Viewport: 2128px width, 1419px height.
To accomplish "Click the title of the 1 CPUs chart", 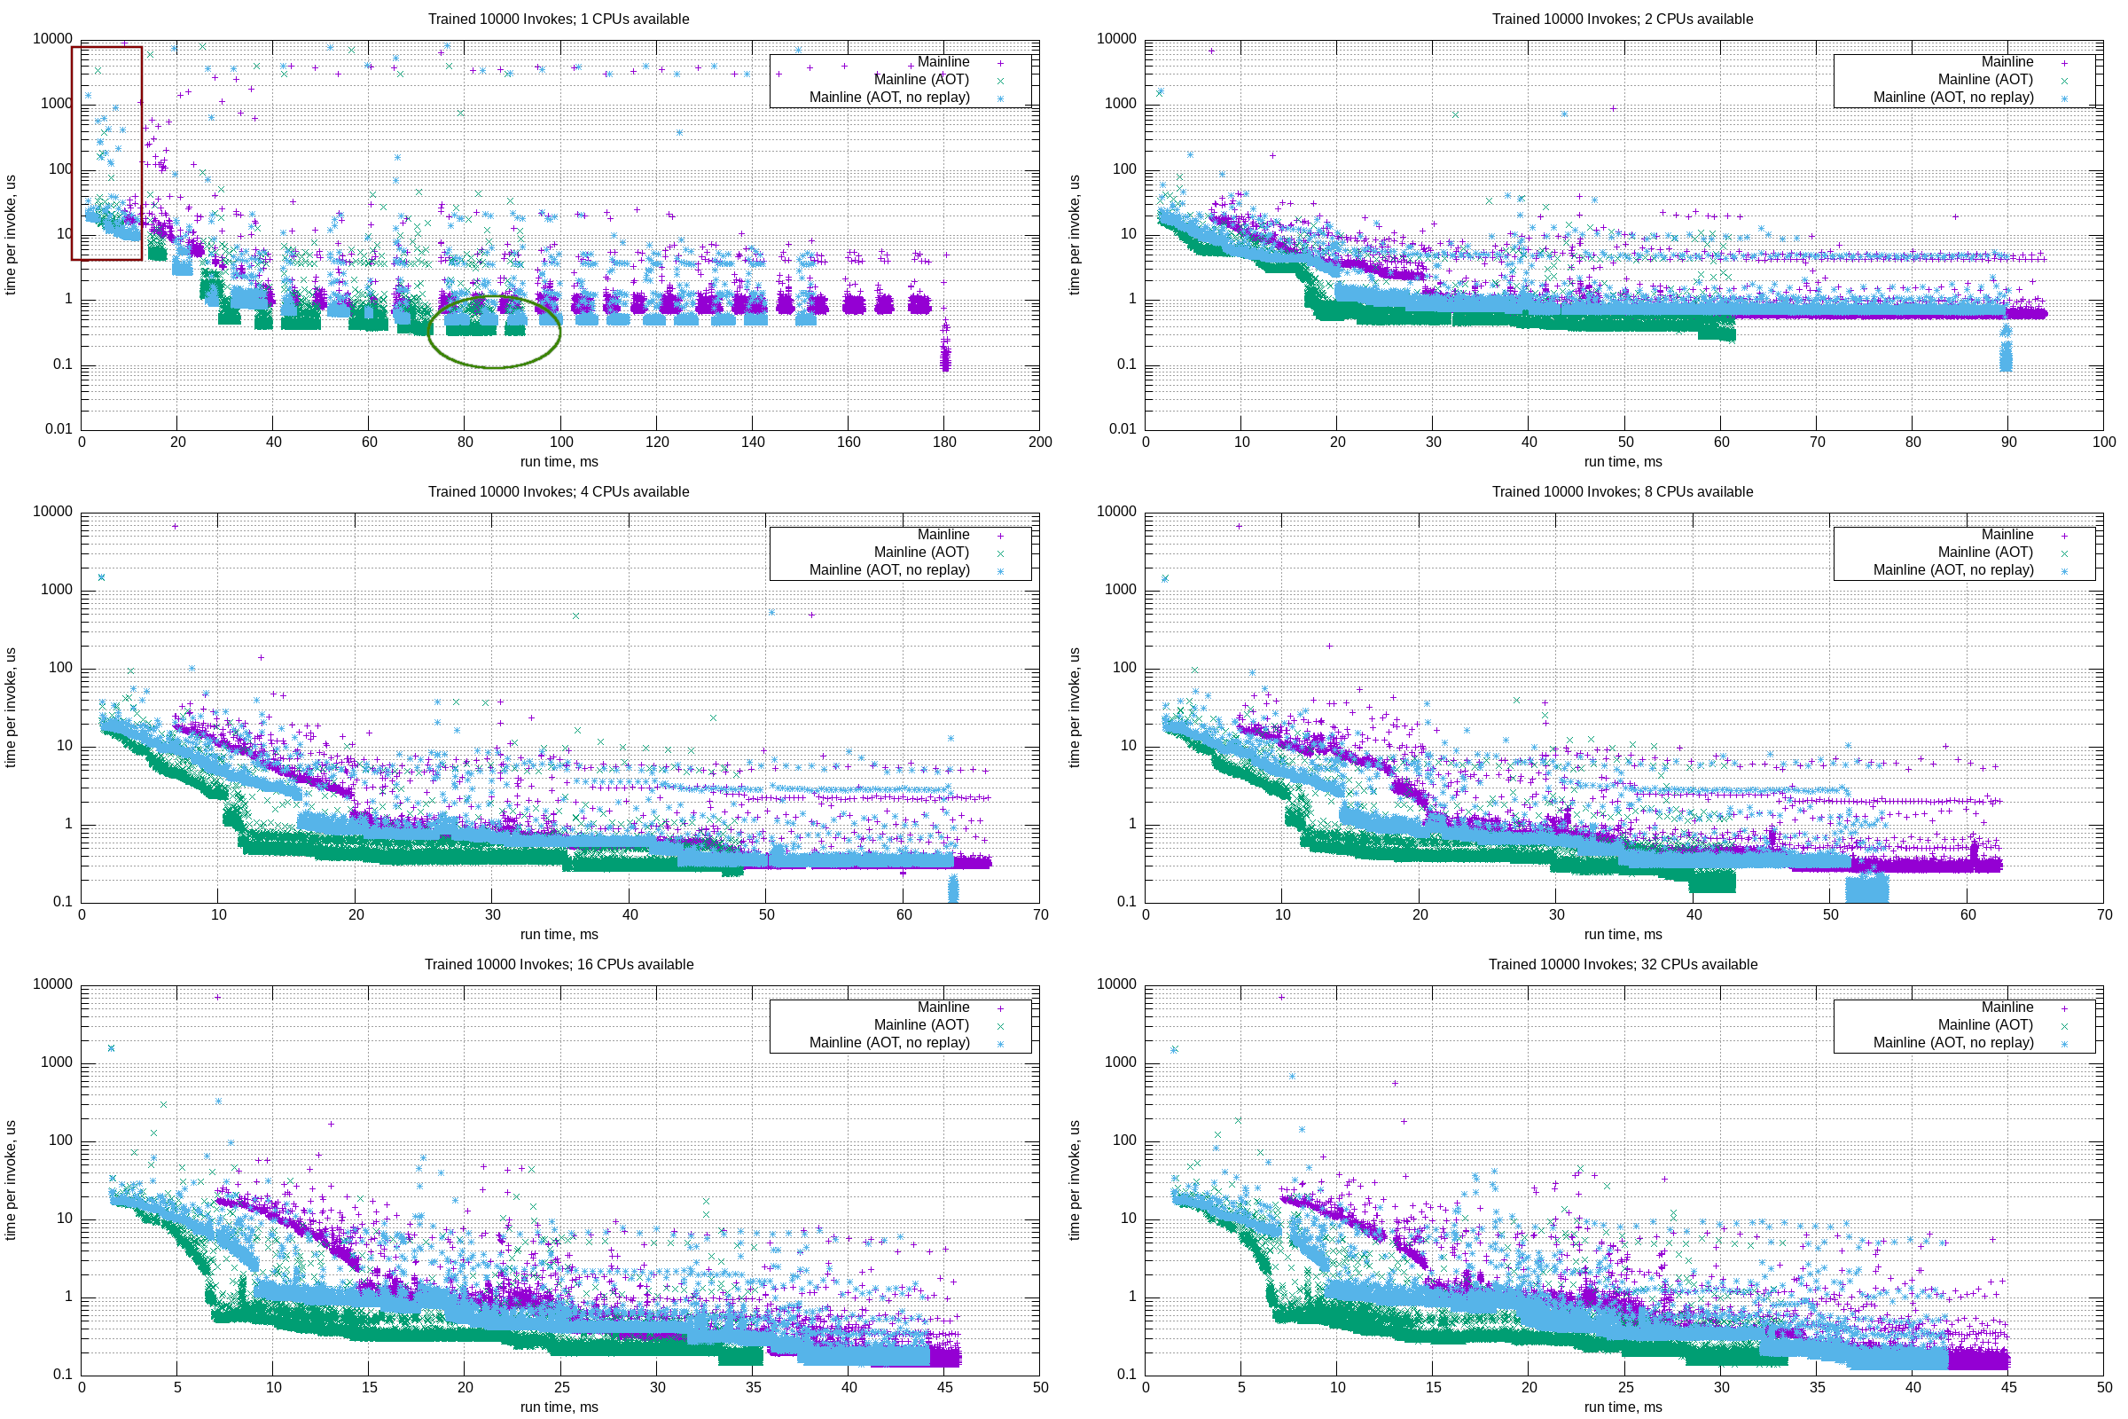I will click(x=559, y=19).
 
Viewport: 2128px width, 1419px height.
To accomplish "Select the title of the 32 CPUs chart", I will click(x=1623, y=964).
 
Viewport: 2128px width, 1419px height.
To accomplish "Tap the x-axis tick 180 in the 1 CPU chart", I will click(x=943, y=442).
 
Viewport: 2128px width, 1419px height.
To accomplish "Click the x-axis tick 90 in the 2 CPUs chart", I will click(x=2007, y=442).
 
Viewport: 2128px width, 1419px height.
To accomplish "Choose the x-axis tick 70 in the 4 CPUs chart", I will click(x=1039, y=914).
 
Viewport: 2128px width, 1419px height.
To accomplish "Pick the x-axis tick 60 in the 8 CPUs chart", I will click(x=1967, y=914).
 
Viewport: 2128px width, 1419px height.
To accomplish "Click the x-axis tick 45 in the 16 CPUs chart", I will click(x=943, y=1386).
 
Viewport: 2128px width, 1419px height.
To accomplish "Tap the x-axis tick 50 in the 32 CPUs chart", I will click(x=2103, y=1386).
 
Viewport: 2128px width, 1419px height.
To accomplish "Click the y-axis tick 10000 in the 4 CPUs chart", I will click(x=52, y=512).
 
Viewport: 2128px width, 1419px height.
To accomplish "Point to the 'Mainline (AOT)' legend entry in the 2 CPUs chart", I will click(x=1984, y=80).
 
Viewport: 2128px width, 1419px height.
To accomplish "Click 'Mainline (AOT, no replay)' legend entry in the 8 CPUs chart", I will click(x=1952, y=570).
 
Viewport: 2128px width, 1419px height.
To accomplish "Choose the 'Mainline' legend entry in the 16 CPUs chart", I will click(x=943, y=1007).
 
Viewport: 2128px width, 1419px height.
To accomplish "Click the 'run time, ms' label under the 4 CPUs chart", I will click(x=559, y=934).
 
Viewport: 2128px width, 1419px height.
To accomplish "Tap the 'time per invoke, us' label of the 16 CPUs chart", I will click(x=11, y=1180).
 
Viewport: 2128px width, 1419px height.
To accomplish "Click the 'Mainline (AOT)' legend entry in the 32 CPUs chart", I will click(x=1984, y=1024).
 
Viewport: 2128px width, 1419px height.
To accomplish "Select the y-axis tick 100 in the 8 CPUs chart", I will click(x=1123, y=668).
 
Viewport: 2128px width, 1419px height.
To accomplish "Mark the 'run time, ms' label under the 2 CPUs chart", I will click(x=1623, y=461).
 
